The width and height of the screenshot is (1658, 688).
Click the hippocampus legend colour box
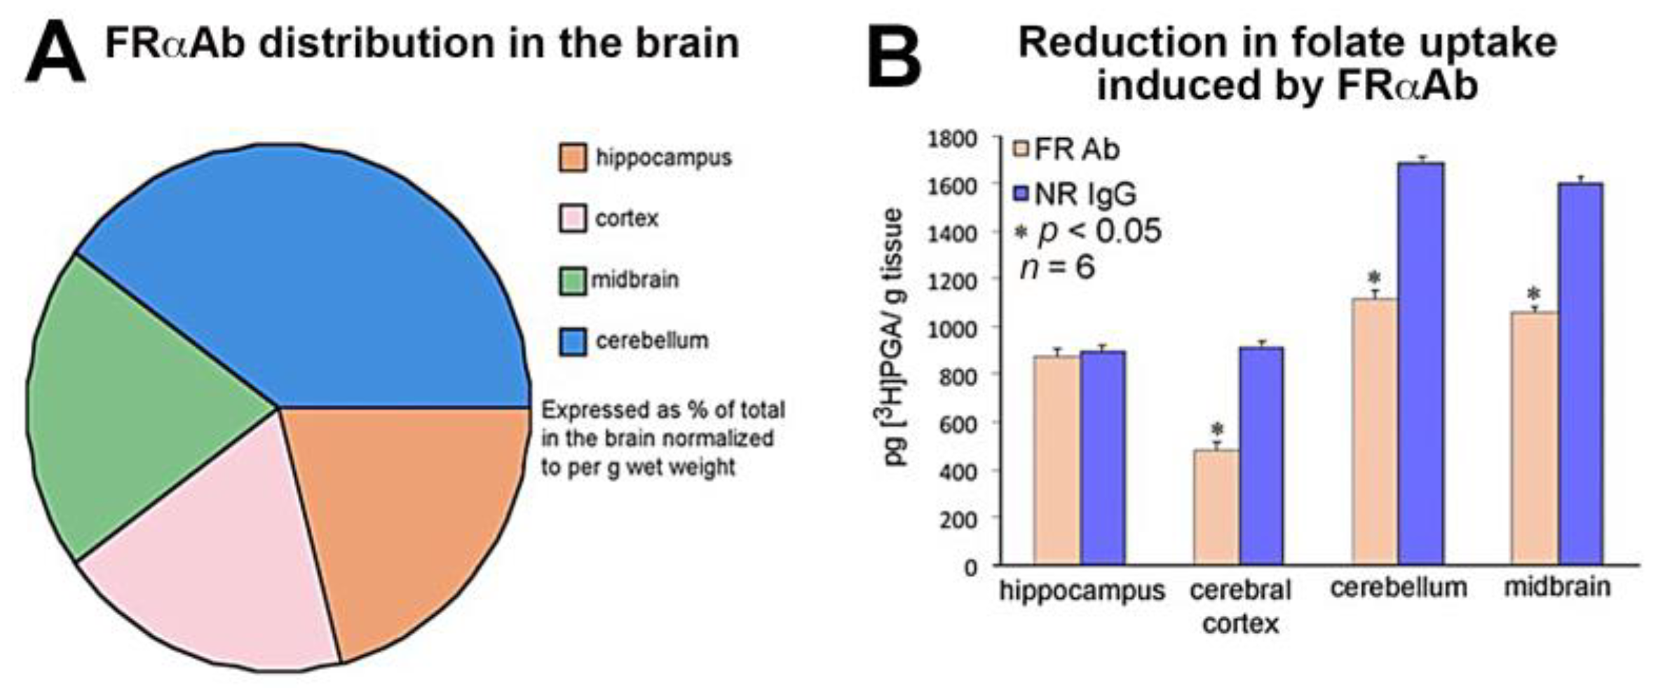572,158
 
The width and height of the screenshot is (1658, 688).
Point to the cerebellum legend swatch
572,342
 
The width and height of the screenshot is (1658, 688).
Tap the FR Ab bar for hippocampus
1056,459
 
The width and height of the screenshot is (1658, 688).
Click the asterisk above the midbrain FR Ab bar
1534,294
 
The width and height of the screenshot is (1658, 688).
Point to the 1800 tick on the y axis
951,140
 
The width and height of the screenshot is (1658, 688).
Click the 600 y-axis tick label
958,423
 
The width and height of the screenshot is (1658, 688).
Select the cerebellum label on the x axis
1399,588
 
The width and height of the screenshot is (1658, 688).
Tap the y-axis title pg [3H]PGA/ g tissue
894,337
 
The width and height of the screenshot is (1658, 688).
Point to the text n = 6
1056,267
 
